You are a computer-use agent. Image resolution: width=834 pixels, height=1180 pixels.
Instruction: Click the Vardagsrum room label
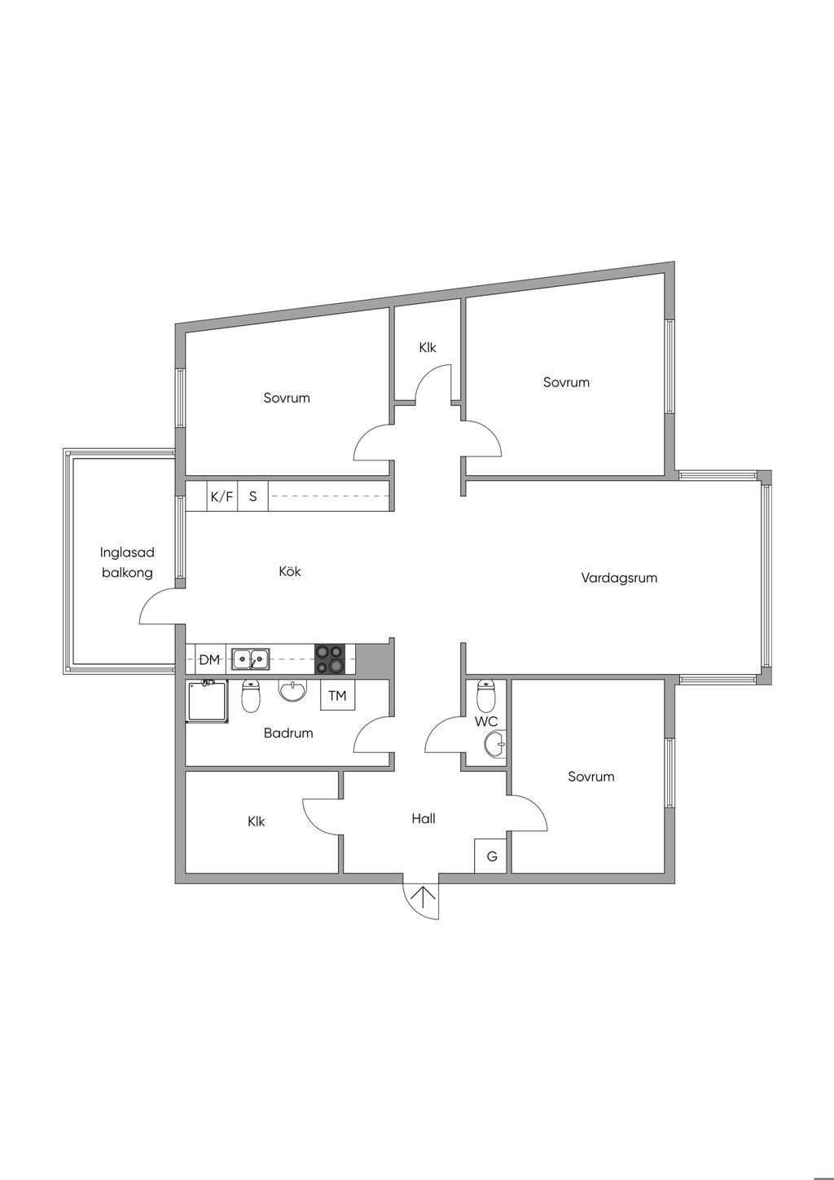pos(619,578)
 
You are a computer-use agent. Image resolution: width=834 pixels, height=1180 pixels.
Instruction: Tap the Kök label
pos(290,571)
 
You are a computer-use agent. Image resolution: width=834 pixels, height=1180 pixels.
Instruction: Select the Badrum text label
pos(288,733)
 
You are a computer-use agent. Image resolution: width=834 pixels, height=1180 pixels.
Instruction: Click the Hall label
pos(424,819)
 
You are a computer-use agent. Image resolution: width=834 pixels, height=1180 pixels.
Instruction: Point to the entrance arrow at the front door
pos(423,899)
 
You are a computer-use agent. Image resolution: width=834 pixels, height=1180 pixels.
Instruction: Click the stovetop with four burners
pos(330,658)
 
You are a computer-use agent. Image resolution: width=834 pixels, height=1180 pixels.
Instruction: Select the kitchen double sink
pos(250,658)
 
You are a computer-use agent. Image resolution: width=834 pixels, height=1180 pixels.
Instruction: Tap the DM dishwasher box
pos(209,659)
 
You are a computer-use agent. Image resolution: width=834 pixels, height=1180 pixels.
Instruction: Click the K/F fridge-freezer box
pos(222,496)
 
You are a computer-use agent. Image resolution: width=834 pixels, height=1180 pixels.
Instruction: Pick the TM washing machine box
pos(337,696)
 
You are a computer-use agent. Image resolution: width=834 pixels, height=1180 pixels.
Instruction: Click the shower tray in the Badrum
pos(208,702)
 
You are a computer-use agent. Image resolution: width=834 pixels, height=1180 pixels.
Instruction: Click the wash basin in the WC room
pos(494,743)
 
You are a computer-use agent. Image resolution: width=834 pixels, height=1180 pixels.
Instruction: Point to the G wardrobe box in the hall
pos(492,856)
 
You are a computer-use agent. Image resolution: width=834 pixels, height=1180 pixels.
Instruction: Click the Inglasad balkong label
pos(127,562)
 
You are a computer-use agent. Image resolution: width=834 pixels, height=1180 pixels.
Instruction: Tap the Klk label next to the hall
pos(257,821)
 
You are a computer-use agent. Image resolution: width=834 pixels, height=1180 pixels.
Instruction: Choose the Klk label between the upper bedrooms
pos(428,348)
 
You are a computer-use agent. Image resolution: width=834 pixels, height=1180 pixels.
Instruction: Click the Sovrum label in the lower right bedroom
pos(591,777)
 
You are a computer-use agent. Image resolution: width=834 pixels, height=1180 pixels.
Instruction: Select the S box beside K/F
pos(253,496)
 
